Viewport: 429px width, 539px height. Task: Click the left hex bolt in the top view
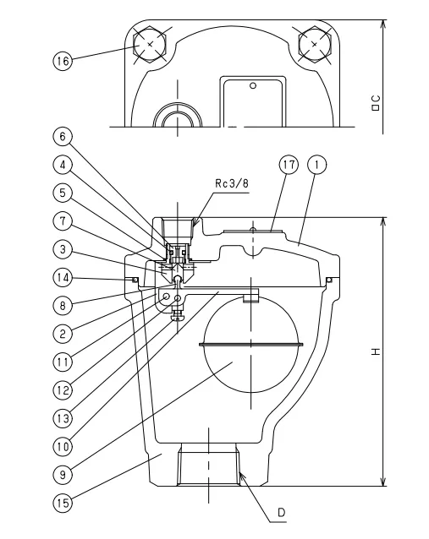150,43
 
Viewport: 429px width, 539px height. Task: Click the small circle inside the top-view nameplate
251,85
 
